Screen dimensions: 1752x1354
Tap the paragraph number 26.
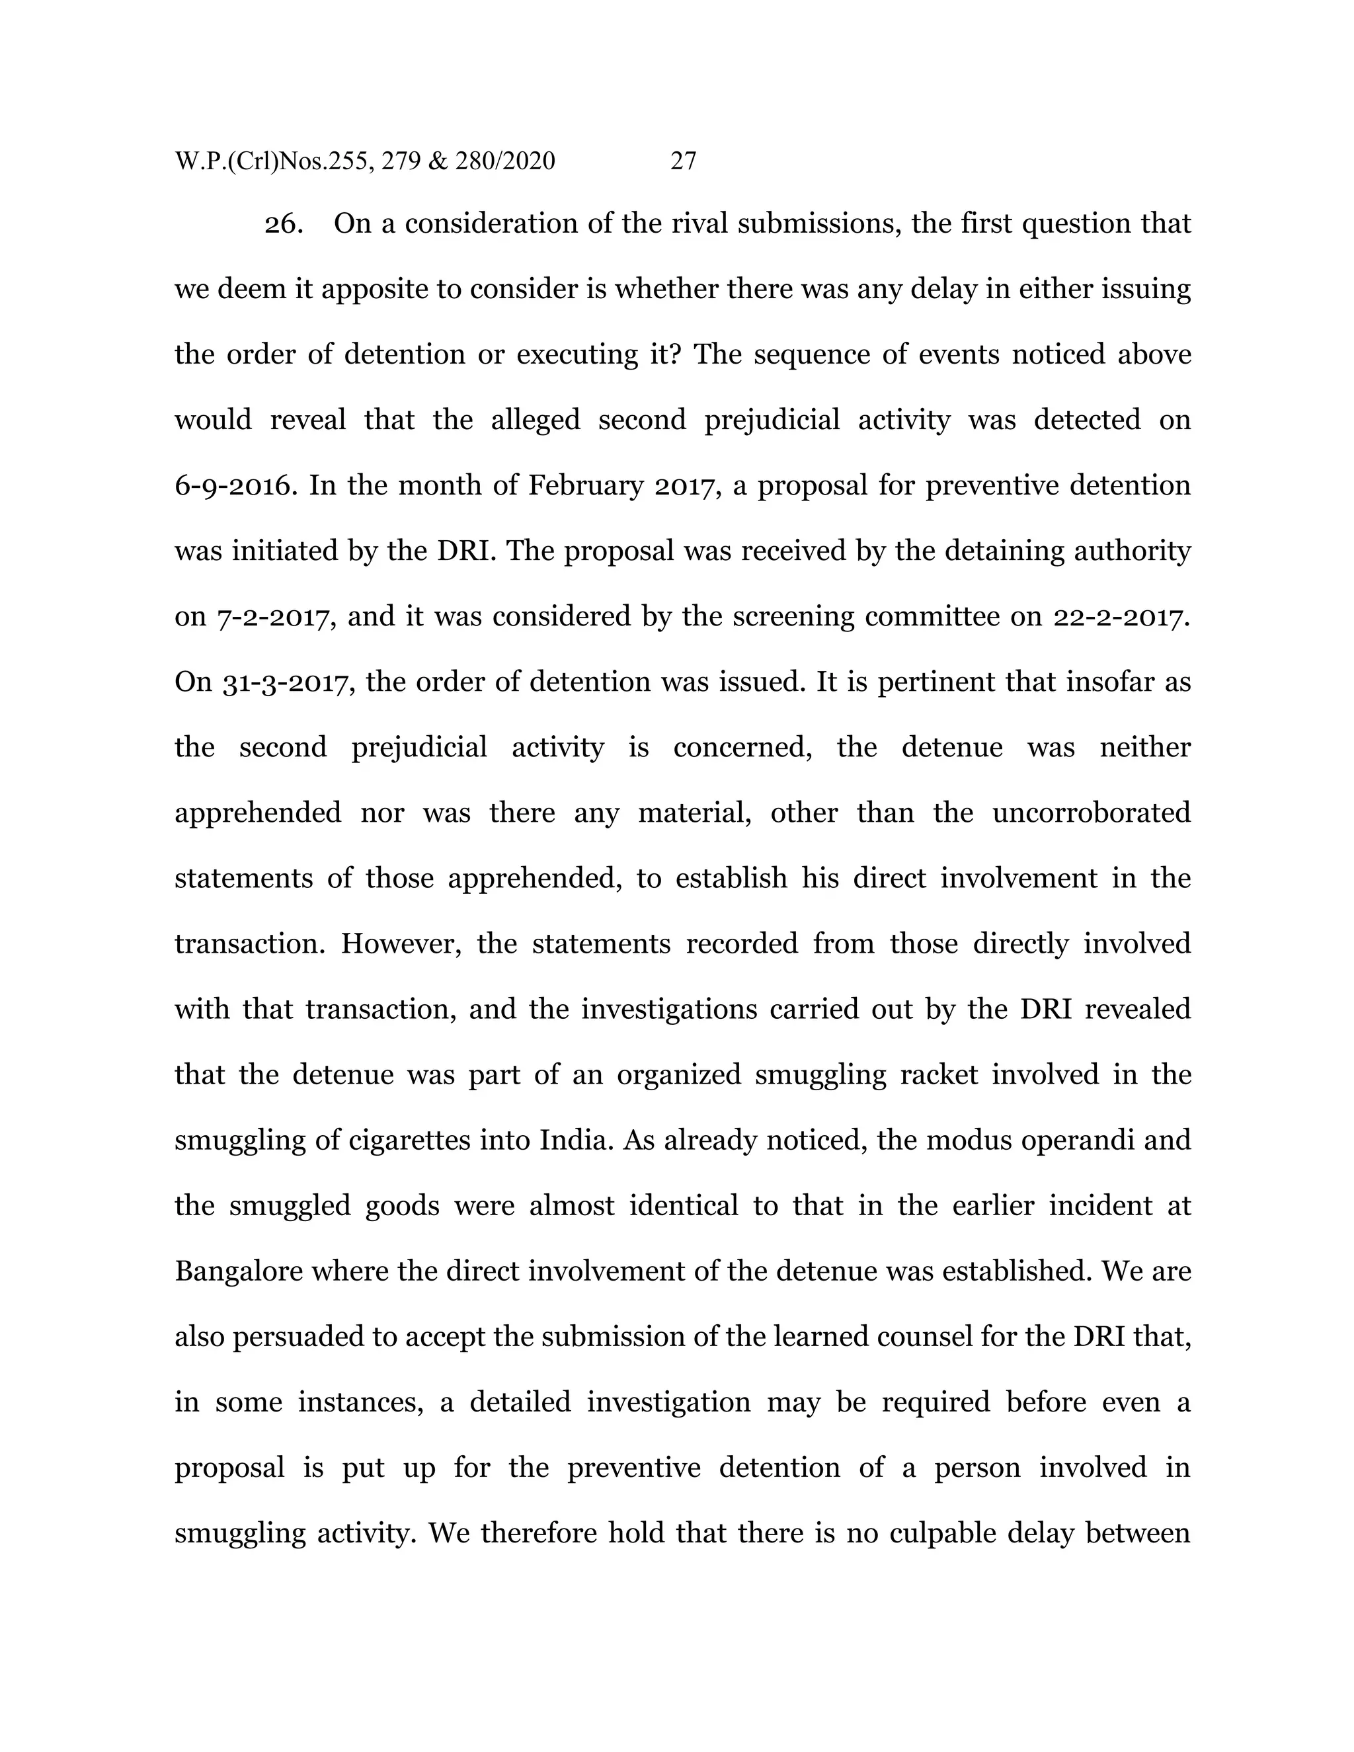click(284, 224)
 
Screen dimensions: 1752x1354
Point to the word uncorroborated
click(1091, 813)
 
